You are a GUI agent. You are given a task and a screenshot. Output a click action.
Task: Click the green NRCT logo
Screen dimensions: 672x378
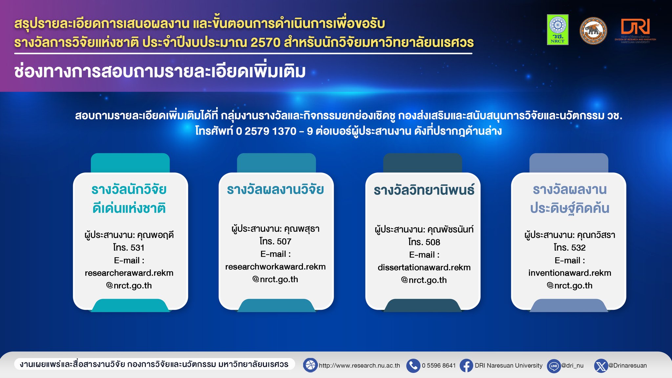click(x=557, y=30)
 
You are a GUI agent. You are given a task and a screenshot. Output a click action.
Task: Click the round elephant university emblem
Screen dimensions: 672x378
click(x=593, y=31)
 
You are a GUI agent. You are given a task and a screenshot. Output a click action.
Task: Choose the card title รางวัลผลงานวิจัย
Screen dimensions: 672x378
click(x=275, y=190)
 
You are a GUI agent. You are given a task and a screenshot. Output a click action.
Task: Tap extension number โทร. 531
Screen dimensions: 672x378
click(x=129, y=247)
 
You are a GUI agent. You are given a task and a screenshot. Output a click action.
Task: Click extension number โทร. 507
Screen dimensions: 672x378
click(x=275, y=241)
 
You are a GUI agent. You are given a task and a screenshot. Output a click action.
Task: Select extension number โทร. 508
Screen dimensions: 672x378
click(x=424, y=242)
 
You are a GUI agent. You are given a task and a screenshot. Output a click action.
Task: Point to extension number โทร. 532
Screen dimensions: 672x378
click(x=570, y=247)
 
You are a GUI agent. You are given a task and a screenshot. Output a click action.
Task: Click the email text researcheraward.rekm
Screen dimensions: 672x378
click(x=129, y=273)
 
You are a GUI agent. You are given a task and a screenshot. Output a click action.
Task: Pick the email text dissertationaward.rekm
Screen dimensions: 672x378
click(x=424, y=267)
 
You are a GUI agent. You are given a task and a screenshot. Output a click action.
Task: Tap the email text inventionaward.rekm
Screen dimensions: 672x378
click(x=570, y=273)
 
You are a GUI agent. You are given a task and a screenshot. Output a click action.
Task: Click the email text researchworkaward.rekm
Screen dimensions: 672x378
click(x=275, y=267)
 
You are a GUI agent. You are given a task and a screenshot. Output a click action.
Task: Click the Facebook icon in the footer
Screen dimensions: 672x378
click(x=466, y=366)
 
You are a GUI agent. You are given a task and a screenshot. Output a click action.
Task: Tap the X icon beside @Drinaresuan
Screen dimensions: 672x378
click(x=601, y=366)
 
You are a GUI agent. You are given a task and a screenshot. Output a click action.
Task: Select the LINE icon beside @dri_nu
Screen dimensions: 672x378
click(x=554, y=366)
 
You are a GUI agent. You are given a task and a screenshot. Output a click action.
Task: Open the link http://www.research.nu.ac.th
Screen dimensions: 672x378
click(x=359, y=366)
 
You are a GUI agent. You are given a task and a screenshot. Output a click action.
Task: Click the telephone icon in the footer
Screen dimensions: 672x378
click(x=413, y=366)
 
